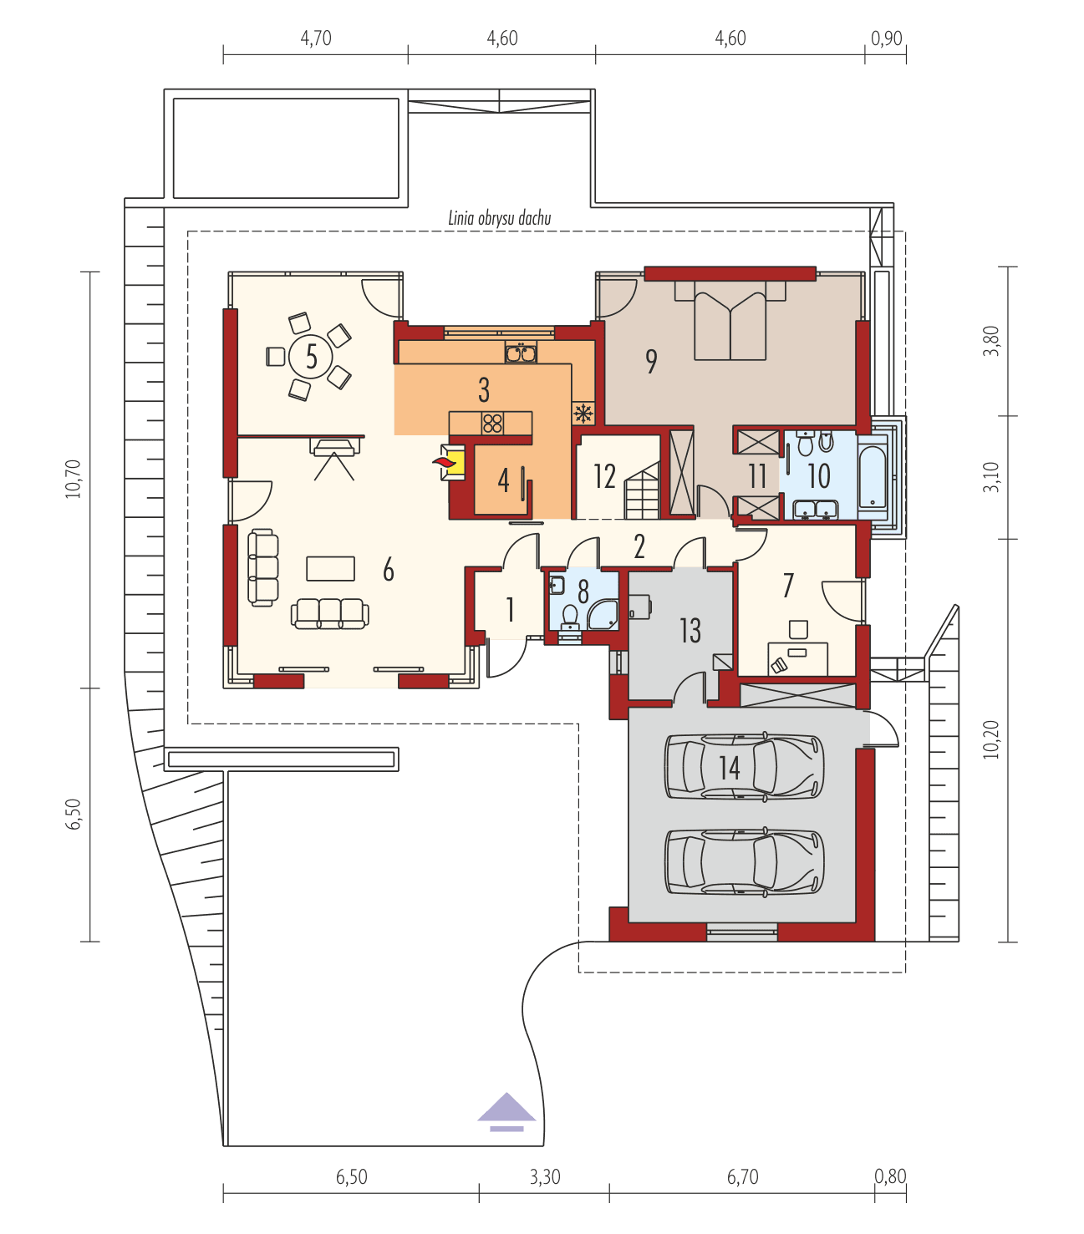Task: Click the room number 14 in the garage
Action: tap(730, 767)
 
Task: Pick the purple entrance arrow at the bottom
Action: tap(506, 1110)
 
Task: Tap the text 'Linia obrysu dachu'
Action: tap(499, 219)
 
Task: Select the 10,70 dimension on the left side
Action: tap(73, 478)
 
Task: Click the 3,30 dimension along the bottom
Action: tap(544, 1177)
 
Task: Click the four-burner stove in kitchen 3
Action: tap(492, 424)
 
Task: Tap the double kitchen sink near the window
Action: tap(521, 353)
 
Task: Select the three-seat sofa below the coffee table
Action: tap(329, 613)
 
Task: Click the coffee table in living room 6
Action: tap(330, 568)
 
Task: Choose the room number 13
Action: tap(690, 631)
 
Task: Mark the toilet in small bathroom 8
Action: tap(570, 617)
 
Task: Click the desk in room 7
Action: tap(798, 658)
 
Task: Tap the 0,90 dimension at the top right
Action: tap(886, 38)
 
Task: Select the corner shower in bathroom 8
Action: tap(603, 614)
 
